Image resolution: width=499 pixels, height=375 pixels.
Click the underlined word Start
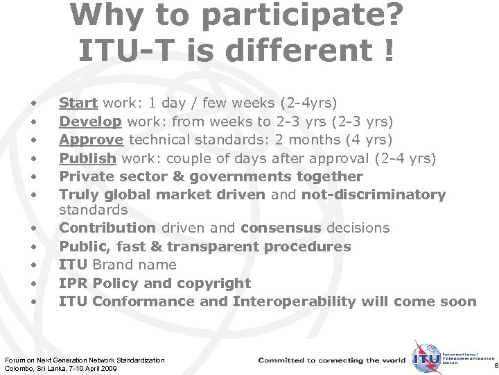pyautogui.click(x=78, y=103)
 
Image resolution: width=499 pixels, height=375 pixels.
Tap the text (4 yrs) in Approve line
pyautogui.click(x=384, y=140)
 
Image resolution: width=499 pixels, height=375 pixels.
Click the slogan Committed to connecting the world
pyautogui.click(x=331, y=360)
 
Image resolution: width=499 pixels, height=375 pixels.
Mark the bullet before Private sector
pyautogui.click(x=33, y=176)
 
